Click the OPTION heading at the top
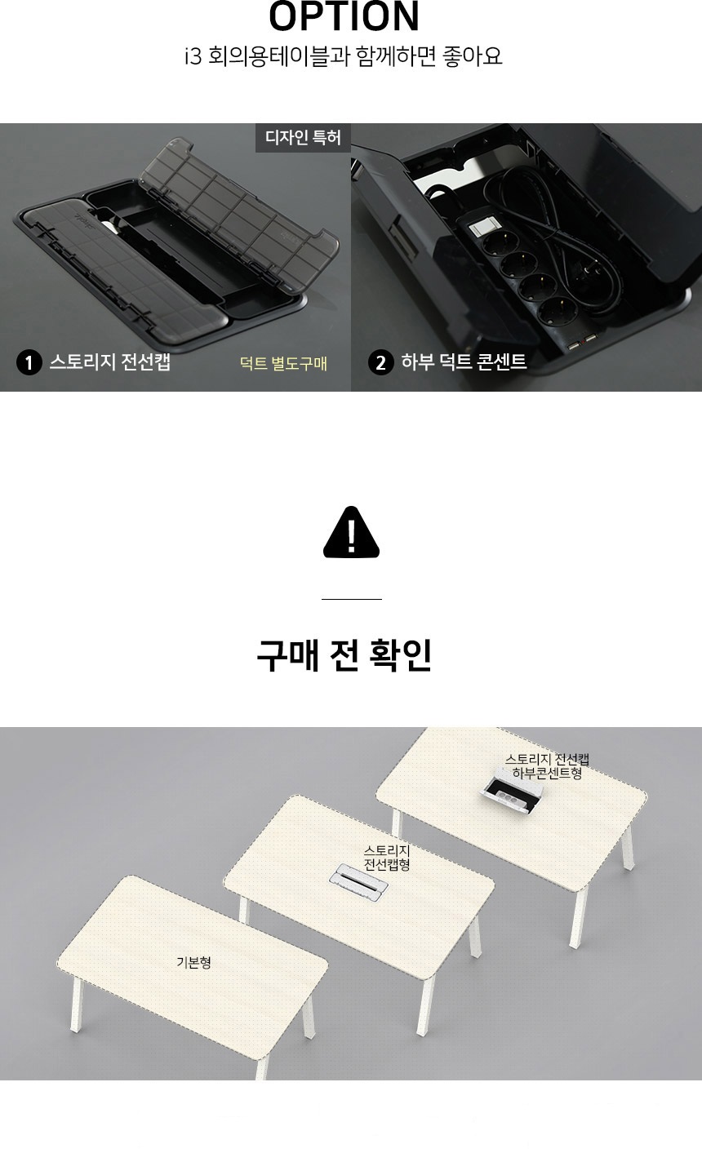344,16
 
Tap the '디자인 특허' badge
303,137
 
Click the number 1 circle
29,362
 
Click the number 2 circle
381,362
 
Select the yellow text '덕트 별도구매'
283,363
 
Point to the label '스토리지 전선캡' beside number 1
110,361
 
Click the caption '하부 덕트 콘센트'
464,361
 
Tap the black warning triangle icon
351,533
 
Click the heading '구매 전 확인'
344,655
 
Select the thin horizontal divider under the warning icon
351,599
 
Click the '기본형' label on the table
193,963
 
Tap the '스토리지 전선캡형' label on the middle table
387,858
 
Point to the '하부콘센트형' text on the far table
547,774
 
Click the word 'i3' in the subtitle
193,56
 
